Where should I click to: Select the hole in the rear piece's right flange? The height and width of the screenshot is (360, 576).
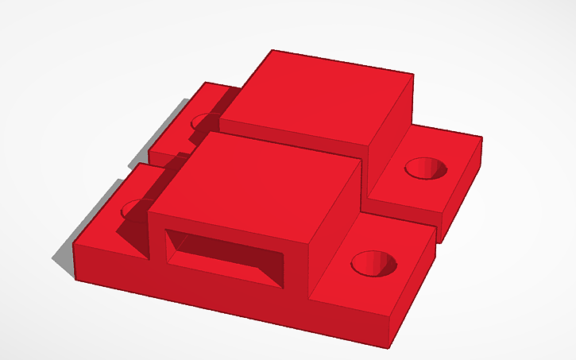coord(428,168)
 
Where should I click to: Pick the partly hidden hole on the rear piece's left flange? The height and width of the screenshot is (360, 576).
coord(203,122)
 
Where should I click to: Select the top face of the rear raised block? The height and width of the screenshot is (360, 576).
coord(318,95)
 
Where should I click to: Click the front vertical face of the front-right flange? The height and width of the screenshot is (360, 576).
coord(350,318)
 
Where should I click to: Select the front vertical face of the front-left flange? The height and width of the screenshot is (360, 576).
coord(111,264)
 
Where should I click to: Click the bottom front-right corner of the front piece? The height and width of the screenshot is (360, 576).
coord(391,347)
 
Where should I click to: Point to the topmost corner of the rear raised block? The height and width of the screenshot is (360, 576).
coord(273,50)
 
